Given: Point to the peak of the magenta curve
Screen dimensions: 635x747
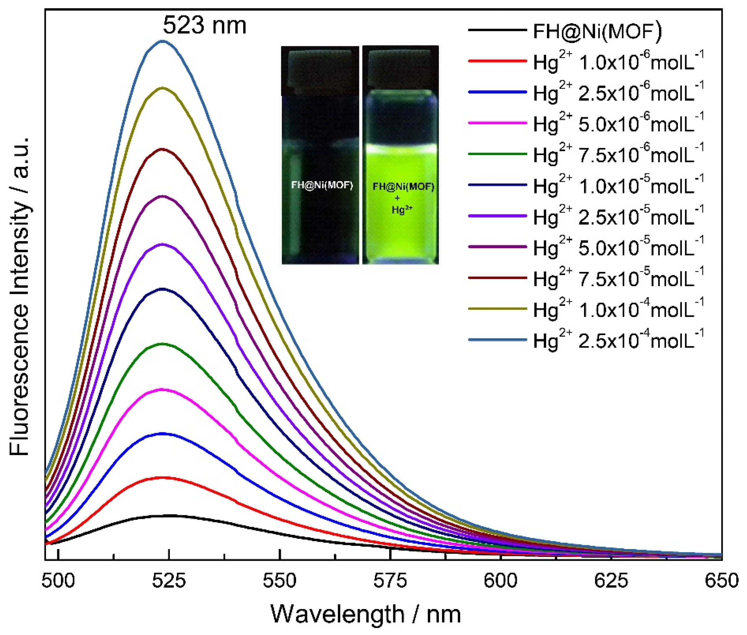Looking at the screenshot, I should click(x=162, y=389).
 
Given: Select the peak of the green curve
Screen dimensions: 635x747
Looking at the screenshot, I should click(x=162, y=344).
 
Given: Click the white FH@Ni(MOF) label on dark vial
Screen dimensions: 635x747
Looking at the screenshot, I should click(x=322, y=185).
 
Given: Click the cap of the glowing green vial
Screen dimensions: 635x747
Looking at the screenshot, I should click(x=400, y=68).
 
